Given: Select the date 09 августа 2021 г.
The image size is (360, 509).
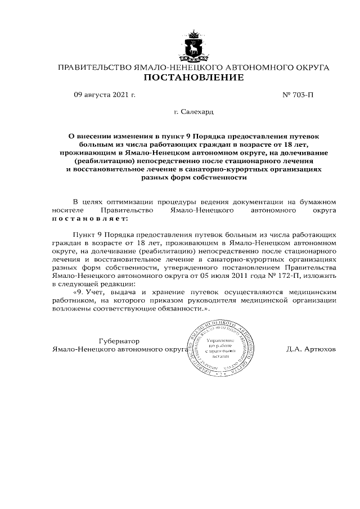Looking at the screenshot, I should [105, 95].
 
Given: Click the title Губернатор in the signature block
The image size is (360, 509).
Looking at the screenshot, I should [119, 341].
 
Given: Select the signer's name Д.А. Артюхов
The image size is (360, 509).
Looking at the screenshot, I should [310, 349].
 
